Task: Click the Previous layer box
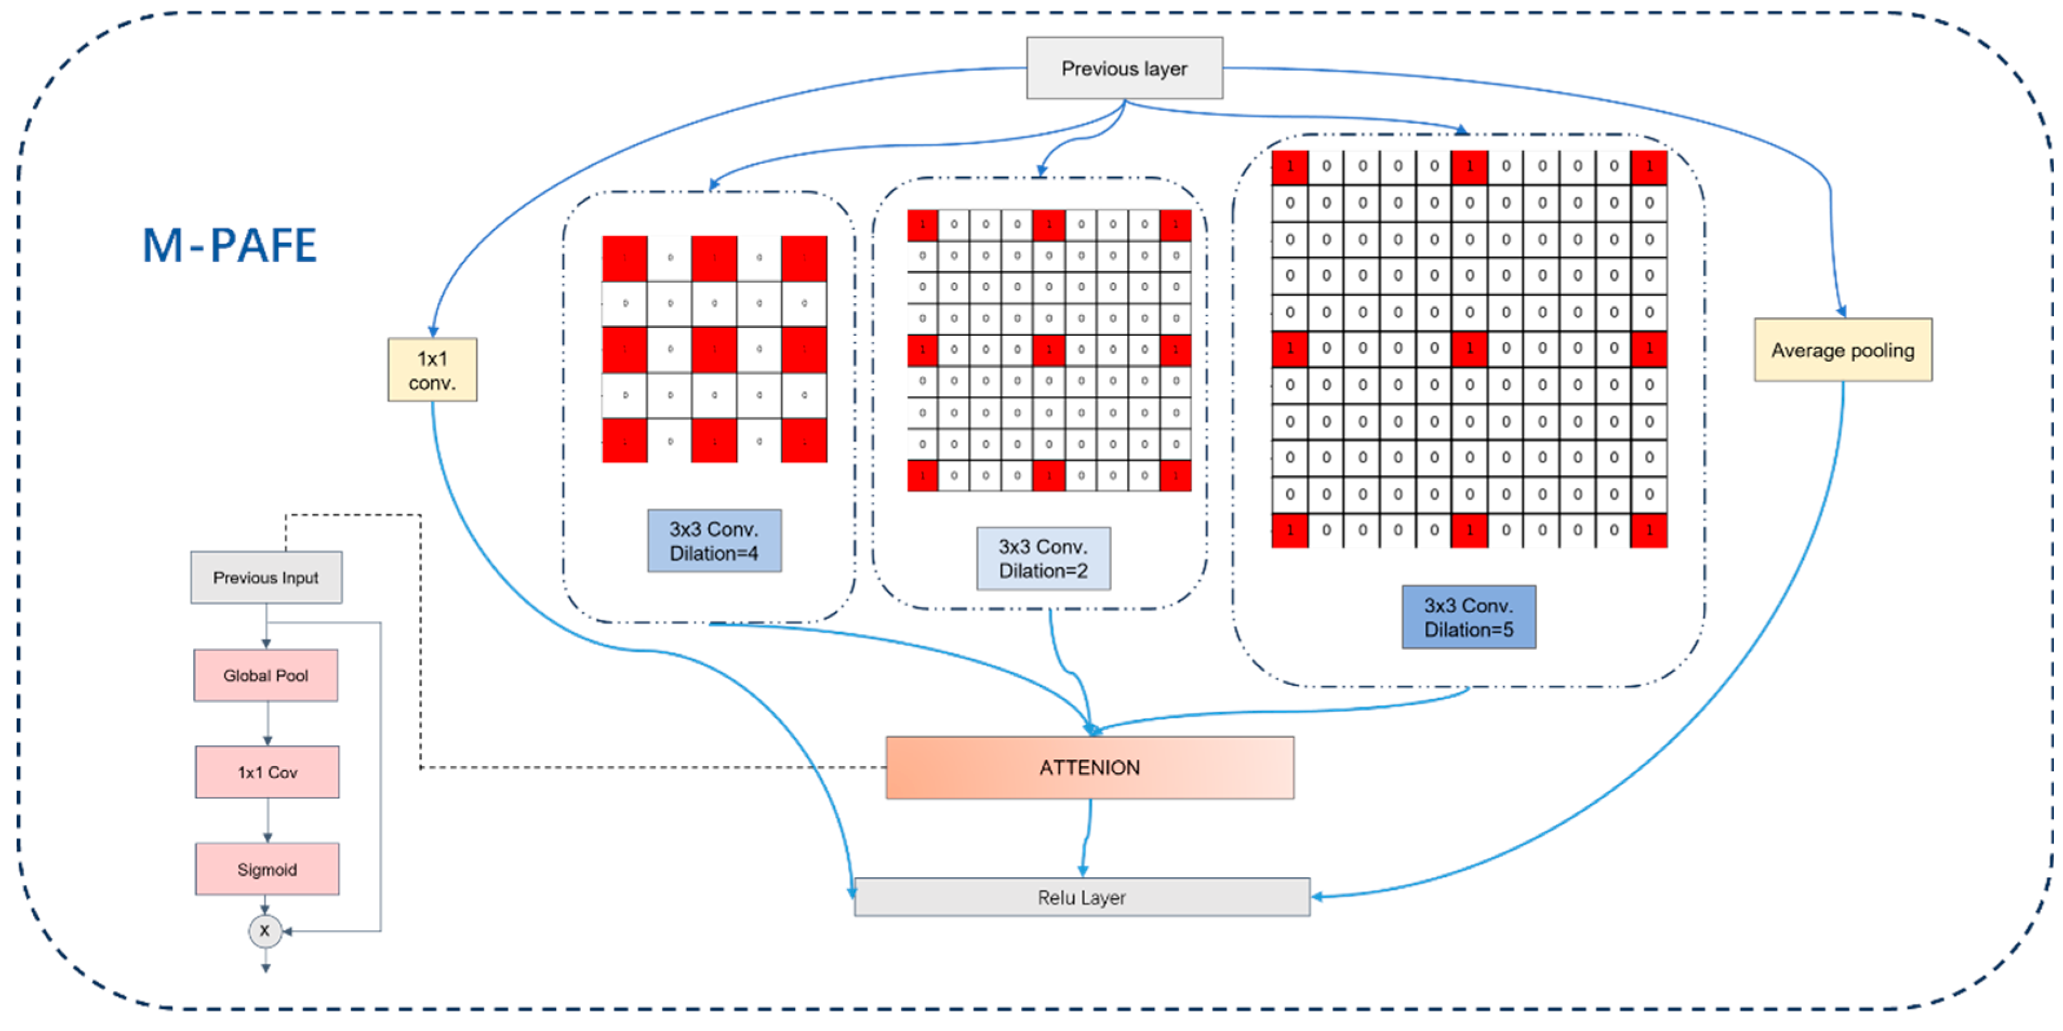point(1125,68)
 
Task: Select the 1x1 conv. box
point(433,370)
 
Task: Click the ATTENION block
point(1089,767)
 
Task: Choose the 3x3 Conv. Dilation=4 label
point(714,541)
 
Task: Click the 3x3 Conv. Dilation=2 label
point(1043,558)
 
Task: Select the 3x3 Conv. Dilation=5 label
point(1469,617)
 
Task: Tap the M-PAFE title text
point(230,245)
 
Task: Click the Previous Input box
point(266,577)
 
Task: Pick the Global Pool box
point(266,676)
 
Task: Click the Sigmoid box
point(267,869)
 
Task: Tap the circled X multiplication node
point(265,931)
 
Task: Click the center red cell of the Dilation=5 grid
point(1470,349)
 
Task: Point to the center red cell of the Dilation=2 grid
point(1049,350)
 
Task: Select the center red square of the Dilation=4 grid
point(714,349)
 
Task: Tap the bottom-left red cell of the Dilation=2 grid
point(923,475)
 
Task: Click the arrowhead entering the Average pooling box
point(1841,311)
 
